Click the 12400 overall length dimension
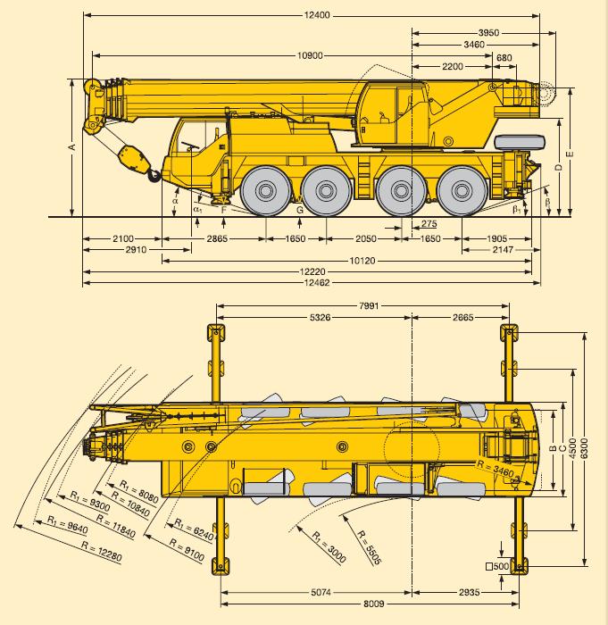point(317,15)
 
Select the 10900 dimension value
point(310,55)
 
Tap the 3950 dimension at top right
point(488,33)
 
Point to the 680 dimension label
point(504,58)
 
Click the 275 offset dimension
point(429,223)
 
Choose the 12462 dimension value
point(317,283)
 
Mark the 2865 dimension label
point(217,238)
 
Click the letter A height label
point(72,147)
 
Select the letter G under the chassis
point(300,210)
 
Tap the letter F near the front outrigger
point(224,210)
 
